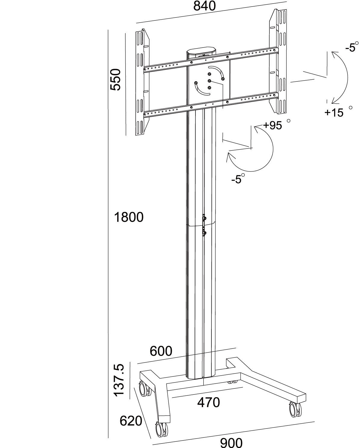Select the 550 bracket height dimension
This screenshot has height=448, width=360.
click(115, 79)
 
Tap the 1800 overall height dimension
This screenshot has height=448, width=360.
click(129, 217)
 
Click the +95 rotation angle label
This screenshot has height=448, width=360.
click(272, 126)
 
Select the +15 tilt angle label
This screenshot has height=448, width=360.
click(334, 113)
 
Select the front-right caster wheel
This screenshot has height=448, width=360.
click(295, 410)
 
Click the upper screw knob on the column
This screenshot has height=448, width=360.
click(204, 218)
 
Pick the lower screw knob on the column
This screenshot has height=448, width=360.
click(204, 233)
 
